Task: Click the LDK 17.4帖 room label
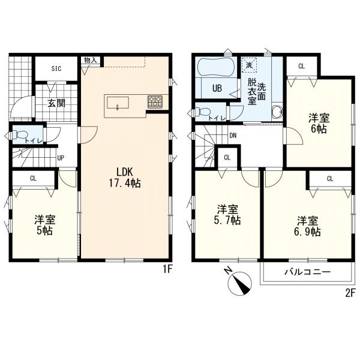[125, 177]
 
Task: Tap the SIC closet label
[56, 68]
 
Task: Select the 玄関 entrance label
[56, 103]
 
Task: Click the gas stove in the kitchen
[155, 102]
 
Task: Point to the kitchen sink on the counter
[118, 103]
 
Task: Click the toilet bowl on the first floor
[18, 134]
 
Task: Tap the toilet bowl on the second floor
[202, 112]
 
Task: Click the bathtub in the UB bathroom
[215, 67]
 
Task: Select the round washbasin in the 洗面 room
[277, 113]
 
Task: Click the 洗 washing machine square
[249, 65]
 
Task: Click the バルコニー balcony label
[308, 272]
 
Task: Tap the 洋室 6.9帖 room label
[308, 226]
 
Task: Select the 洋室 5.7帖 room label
[227, 215]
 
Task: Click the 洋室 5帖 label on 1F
[45, 225]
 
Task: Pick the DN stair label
[233, 136]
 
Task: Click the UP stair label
[61, 158]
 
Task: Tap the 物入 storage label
[91, 61]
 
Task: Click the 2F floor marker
[350, 293]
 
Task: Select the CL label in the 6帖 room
[301, 67]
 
